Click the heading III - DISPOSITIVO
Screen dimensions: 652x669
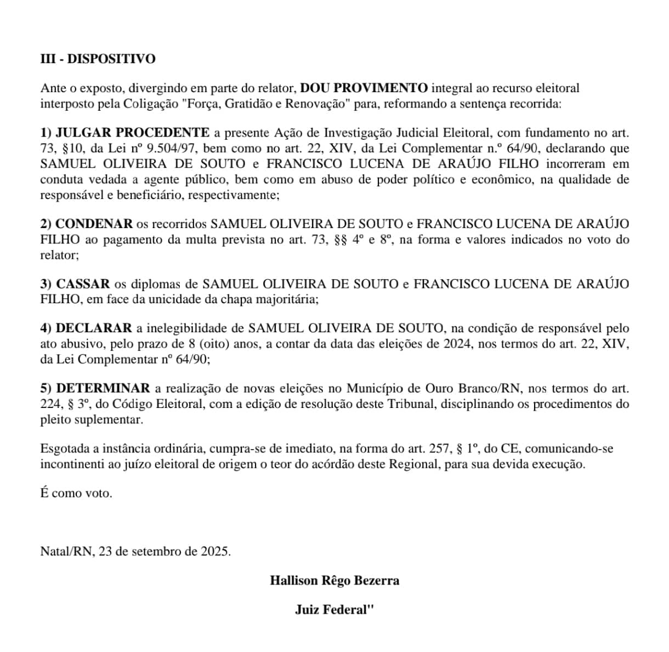[x=98, y=59]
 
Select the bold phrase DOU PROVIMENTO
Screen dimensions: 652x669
[x=365, y=88]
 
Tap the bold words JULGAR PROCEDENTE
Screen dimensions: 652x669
[x=132, y=132]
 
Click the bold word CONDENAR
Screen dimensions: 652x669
[x=94, y=224]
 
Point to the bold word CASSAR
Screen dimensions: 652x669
[x=83, y=284]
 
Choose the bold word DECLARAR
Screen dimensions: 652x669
[x=94, y=328]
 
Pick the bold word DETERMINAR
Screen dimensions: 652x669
[x=103, y=388]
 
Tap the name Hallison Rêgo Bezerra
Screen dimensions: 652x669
[x=334, y=580]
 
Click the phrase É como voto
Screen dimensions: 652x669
[x=76, y=492]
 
